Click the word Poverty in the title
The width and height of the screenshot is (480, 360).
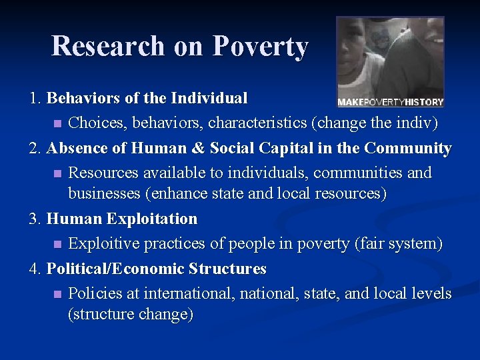pos(260,47)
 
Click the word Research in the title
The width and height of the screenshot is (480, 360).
pos(108,47)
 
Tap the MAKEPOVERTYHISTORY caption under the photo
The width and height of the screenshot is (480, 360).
pos(390,102)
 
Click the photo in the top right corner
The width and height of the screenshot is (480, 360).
pos(390,56)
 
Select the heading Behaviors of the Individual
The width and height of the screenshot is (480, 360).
pos(147,99)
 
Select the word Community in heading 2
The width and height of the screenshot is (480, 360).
pos(409,148)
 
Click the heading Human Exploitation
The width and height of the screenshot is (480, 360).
pos(122,219)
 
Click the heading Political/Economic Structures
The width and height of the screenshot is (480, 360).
pos(156,269)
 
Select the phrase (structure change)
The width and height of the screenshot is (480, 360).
pos(131,314)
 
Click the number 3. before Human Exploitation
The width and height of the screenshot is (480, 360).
pos(36,219)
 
